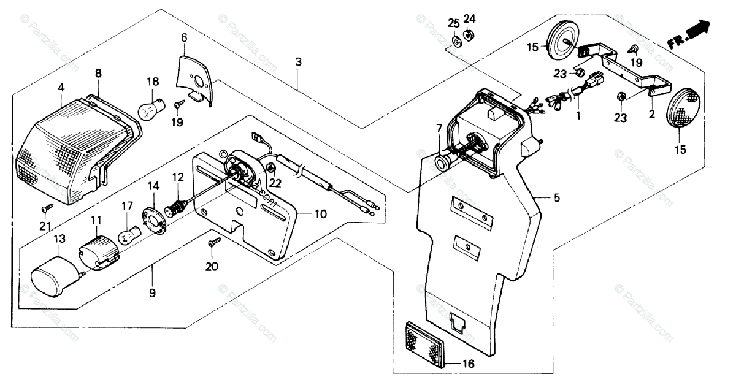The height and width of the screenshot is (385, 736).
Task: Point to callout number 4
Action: tap(61, 88)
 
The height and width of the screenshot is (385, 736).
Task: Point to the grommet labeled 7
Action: tap(441, 162)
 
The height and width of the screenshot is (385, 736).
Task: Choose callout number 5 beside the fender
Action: tap(556, 197)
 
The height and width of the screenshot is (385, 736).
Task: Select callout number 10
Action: tap(321, 214)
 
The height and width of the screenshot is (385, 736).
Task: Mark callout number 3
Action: tap(298, 62)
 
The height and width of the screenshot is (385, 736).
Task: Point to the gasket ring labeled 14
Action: tap(155, 221)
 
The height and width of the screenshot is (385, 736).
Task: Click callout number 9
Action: tap(152, 293)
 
